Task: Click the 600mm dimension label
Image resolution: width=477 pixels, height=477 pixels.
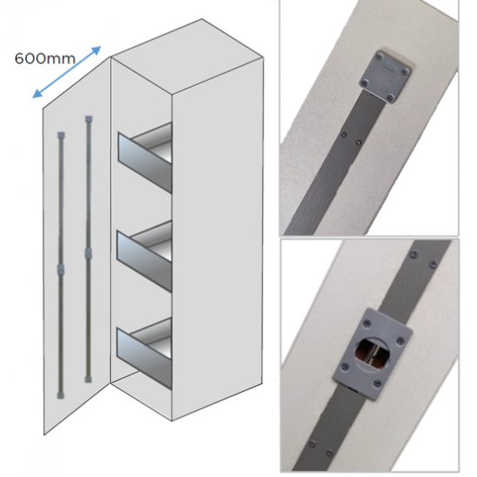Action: (x=45, y=58)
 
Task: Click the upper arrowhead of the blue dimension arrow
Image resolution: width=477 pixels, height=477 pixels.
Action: (x=97, y=50)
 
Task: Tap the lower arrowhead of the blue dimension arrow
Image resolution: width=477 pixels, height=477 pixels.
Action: (x=36, y=94)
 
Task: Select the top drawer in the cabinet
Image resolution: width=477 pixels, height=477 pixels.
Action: (x=145, y=158)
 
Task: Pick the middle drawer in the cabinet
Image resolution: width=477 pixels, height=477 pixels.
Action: (x=145, y=256)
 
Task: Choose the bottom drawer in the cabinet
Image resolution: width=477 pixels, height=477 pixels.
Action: (x=145, y=354)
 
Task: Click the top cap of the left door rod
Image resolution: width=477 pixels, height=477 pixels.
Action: (x=62, y=135)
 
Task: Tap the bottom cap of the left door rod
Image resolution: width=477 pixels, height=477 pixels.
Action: (x=61, y=395)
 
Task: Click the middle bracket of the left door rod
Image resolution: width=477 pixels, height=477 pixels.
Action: (x=61, y=269)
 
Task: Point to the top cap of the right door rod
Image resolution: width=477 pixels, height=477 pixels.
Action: (x=88, y=119)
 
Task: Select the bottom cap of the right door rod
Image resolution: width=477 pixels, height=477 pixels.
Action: (x=88, y=379)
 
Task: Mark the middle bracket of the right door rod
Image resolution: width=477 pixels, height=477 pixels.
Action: (x=88, y=252)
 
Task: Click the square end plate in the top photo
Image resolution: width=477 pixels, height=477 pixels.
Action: (x=385, y=76)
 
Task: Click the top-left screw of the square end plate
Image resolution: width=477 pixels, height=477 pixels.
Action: (x=378, y=57)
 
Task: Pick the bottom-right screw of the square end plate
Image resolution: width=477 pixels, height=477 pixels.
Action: (x=391, y=98)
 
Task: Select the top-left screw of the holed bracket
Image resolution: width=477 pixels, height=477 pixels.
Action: (x=368, y=323)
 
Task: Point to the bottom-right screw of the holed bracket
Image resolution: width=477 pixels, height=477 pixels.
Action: (x=377, y=384)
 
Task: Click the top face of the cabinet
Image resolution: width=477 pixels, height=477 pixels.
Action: (x=186, y=56)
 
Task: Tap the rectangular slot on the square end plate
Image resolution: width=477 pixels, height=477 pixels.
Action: (x=390, y=67)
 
